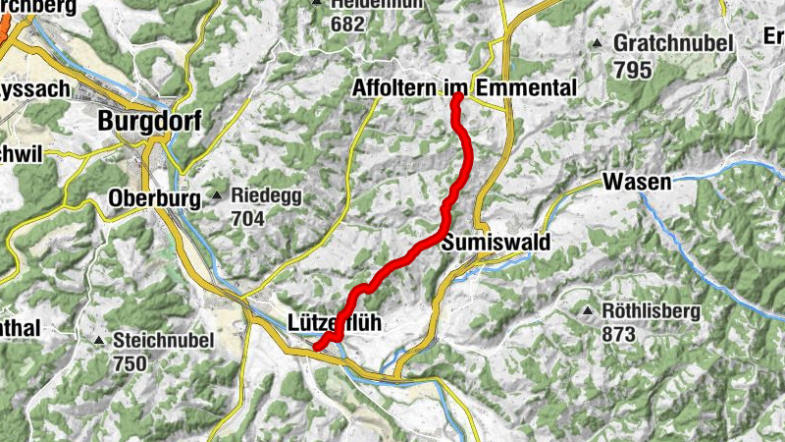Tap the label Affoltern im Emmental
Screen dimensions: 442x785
click(x=463, y=89)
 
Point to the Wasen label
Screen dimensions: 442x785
click(x=637, y=182)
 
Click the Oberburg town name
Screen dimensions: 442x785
click(x=151, y=197)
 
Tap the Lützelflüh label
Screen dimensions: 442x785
click(x=335, y=321)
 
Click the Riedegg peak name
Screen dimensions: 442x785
click(x=267, y=196)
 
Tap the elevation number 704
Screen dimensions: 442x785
click(x=248, y=219)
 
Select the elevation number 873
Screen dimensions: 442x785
click(x=620, y=335)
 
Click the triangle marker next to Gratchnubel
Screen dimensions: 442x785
click(x=597, y=43)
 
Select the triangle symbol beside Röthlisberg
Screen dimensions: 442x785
click(x=587, y=311)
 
